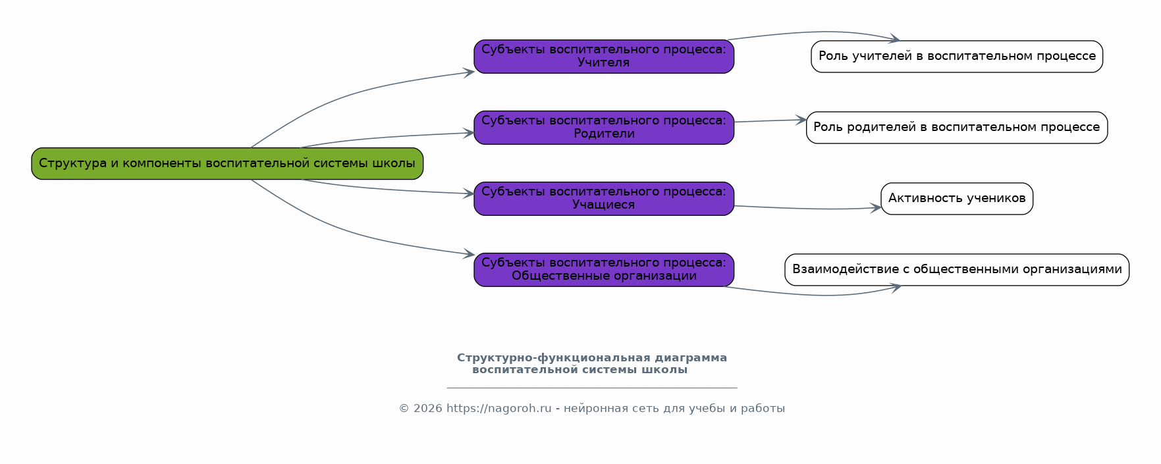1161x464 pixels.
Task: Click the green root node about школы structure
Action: [227, 163]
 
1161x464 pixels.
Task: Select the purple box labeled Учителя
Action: [604, 57]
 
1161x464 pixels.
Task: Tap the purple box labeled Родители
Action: [604, 128]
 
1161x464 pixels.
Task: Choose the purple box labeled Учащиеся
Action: [604, 199]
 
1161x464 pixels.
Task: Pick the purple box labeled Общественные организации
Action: [604, 270]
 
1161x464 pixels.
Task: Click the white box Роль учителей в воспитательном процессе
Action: [957, 57]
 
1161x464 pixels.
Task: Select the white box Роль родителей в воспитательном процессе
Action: [957, 128]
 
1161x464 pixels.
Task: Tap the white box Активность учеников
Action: [957, 199]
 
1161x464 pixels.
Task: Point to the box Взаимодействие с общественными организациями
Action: [957, 270]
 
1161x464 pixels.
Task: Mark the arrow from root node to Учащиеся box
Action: [389, 190]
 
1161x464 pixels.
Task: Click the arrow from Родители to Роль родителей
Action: [770, 120]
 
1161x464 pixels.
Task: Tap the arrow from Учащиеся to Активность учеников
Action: [810, 209]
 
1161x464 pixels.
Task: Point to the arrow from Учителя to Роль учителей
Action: [817, 32]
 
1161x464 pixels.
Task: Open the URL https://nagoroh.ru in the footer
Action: [499, 409]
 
